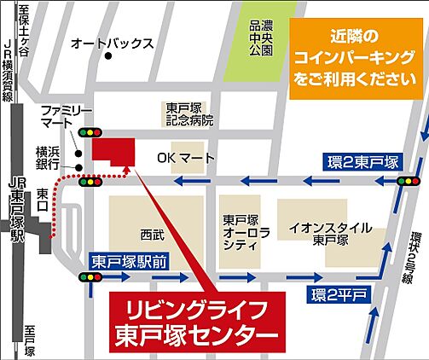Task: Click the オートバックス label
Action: point(112,42)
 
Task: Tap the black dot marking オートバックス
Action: point(108,57)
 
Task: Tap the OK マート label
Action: point(186,160)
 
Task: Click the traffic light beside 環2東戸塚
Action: point(408,181)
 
